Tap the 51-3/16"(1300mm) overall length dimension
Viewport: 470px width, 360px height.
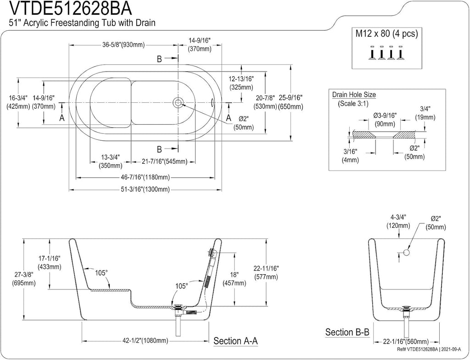pos(145,189)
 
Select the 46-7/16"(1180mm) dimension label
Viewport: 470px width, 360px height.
pos(145,177)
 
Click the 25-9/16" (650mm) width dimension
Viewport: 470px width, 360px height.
pos(291,102)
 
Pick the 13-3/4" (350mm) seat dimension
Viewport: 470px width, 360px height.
pos(111,161)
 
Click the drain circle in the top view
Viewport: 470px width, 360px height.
pos(178,103)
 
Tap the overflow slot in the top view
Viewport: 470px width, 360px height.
pos(213,103)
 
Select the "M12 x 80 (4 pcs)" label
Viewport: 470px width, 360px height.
pos(386,33)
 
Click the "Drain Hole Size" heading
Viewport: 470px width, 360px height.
pos(354,95)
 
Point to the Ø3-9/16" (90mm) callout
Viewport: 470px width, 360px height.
pos(385,119)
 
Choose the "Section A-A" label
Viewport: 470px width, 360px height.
pos(235,341)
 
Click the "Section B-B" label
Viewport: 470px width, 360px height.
pos(347,332)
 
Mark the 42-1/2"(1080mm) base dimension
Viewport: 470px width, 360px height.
pos(145,341)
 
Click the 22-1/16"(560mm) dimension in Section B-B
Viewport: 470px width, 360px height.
pos(407,342)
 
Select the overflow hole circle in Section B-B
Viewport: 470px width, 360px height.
pos(407,253)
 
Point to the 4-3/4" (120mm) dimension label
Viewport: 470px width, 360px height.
pos(398,221)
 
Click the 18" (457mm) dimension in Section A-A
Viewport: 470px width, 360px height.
pos(234,279)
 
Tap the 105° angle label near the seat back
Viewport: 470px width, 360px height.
pos(101,273)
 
